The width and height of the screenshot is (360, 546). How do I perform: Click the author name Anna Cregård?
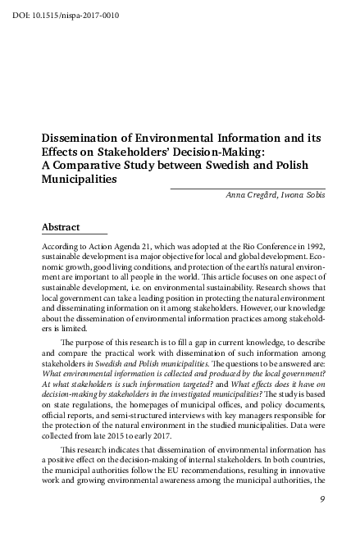[251, 194]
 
